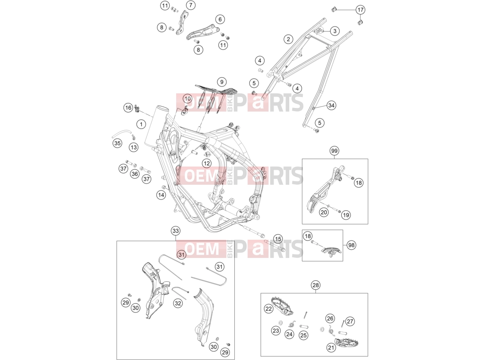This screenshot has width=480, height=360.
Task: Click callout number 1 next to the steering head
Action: [141, 124]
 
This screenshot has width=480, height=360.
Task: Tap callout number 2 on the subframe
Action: [288, 39]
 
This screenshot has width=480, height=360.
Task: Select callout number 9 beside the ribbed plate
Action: [221, 82]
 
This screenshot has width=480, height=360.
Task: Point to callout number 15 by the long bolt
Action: [278, 239]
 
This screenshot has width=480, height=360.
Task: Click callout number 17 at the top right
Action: [361, 10]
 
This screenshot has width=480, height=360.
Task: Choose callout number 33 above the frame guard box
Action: [175, 231]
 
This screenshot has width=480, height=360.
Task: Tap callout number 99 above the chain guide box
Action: [334, 150]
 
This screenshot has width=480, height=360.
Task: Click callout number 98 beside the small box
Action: [351, 245]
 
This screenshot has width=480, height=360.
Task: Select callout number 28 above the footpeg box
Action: [316, 285]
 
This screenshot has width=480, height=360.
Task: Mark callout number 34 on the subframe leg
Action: [331, 105]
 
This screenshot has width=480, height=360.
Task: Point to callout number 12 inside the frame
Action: [207, 163]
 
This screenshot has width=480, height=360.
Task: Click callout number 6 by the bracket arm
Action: [220, 19]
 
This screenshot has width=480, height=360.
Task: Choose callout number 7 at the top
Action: [191, 5]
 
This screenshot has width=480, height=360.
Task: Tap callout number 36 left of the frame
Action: [135, 174]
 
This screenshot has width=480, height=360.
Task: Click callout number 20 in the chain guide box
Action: [324, 212]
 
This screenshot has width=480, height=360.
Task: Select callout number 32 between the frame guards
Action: [178, 303]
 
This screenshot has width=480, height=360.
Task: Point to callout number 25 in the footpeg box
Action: [303, 335]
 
